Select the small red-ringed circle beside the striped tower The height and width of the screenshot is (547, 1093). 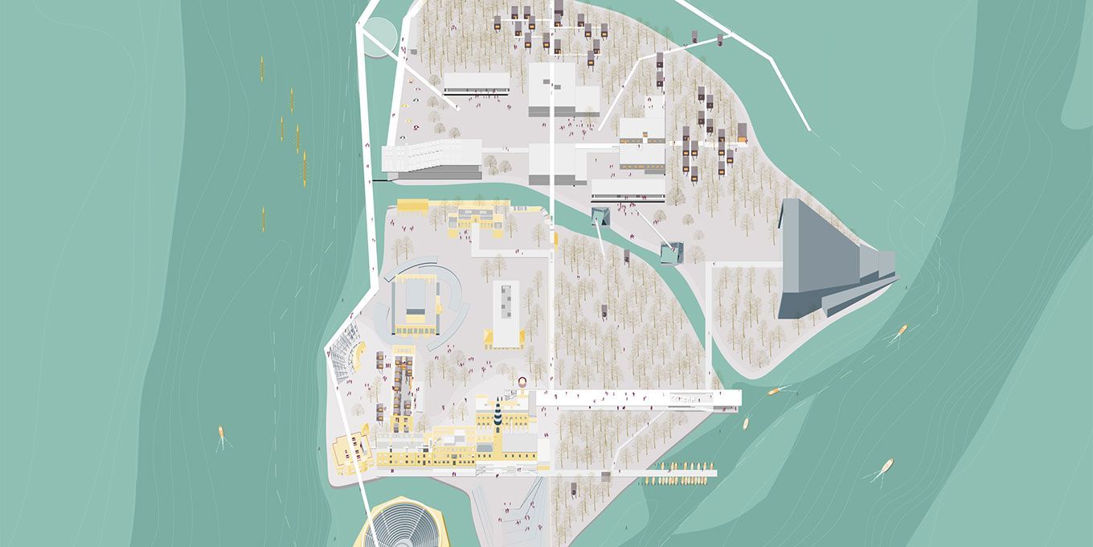click(522, 384)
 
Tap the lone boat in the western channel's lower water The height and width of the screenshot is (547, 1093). click(222, 436)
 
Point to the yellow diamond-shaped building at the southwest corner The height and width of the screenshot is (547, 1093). click(351, 453)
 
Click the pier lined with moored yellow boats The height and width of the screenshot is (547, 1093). click(680, 473)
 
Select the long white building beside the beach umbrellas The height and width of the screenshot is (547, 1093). click(477, 83)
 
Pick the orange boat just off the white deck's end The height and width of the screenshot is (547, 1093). click(774, 392)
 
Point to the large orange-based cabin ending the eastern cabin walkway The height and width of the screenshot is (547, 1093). click(742, 132)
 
